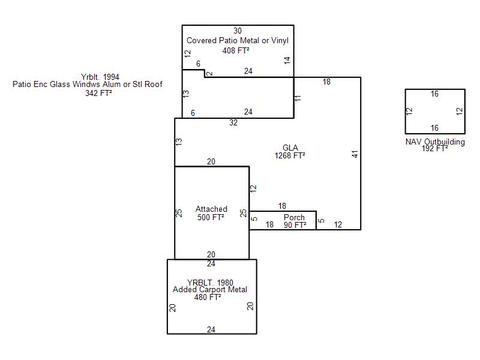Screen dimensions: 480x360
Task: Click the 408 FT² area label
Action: click(x=236, y=50)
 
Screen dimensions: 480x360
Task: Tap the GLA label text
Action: click(x=290, y=148)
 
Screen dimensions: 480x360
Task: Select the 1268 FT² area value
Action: click(x=290, y=155)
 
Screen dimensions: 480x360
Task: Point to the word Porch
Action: click(x=294, y=217)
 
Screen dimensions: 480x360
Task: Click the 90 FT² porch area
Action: click(x=295, y=225)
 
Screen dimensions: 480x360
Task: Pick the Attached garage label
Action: click(x=211, y=209)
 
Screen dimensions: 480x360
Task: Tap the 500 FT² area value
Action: click(x=211, y=217)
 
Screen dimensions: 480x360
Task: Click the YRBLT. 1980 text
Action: click(x=210, y=283)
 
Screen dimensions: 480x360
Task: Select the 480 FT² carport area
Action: click(x=208, y=297)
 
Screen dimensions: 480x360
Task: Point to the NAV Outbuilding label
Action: click(x=435, y=142)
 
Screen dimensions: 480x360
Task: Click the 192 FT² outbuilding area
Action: click(x=434, y=148)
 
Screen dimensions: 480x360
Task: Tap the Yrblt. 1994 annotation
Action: click(x=100, y=77)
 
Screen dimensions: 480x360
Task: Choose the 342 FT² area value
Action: click(x=98, y=93)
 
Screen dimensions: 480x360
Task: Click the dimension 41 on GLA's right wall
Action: click(x=355, y=154)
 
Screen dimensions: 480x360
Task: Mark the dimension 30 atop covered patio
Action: click(x=238, y=31)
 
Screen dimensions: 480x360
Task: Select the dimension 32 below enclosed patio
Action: click(x=233, y=123)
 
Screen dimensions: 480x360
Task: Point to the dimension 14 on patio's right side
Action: click(x=287, y=61)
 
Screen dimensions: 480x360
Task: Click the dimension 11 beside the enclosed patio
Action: click(x=298, y=98)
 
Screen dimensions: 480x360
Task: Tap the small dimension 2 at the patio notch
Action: click(x=209, y=73)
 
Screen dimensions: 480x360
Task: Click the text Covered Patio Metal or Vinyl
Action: click(x=238, y=40)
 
